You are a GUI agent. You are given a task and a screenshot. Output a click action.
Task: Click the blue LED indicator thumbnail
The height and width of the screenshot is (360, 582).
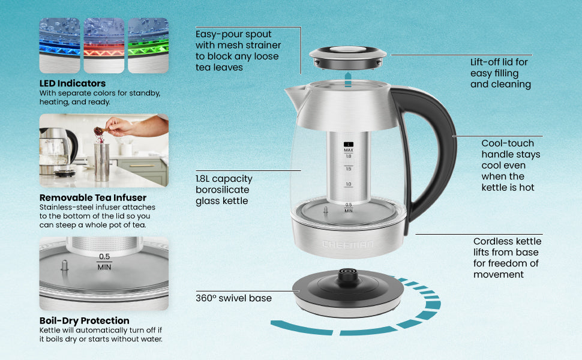pos(60,45)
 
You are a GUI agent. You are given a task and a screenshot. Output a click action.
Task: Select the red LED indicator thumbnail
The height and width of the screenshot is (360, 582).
pos(104,45)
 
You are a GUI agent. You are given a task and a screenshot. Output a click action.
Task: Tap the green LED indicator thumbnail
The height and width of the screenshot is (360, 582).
pos(148,45)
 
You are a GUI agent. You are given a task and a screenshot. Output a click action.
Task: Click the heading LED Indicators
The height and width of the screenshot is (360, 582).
pos(73,83)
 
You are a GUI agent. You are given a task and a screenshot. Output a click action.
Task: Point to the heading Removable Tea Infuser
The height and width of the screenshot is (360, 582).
pos(93,197)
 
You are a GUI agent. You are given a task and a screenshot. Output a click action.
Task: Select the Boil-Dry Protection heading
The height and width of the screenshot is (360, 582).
pos(84,320)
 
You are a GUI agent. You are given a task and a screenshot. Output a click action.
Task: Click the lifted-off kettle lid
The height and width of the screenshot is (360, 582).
pos(348,58)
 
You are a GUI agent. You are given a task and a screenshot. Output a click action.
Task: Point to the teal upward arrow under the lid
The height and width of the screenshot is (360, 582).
pos(348,79)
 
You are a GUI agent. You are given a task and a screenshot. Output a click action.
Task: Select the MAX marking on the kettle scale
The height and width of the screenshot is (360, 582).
pos(349,150)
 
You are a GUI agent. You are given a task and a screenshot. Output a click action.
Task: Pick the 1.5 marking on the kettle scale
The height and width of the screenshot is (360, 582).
pos(349,169)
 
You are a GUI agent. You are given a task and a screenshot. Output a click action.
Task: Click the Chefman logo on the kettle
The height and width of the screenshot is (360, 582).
pos(348,244)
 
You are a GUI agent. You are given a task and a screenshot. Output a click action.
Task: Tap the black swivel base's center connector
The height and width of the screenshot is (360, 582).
pos(348,275)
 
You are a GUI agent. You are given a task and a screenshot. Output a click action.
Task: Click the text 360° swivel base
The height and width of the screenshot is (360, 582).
pos(233,298)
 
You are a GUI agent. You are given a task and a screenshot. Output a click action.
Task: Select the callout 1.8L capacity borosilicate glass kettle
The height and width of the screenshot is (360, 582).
pos(224,190)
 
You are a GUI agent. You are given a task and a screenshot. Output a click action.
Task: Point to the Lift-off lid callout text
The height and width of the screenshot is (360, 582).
pos(500,73)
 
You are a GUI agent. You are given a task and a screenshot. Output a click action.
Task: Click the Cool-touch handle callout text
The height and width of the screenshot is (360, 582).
pos(511,165)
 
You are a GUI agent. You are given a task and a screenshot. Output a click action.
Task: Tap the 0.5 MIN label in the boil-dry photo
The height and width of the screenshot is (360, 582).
pos(104,262)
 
